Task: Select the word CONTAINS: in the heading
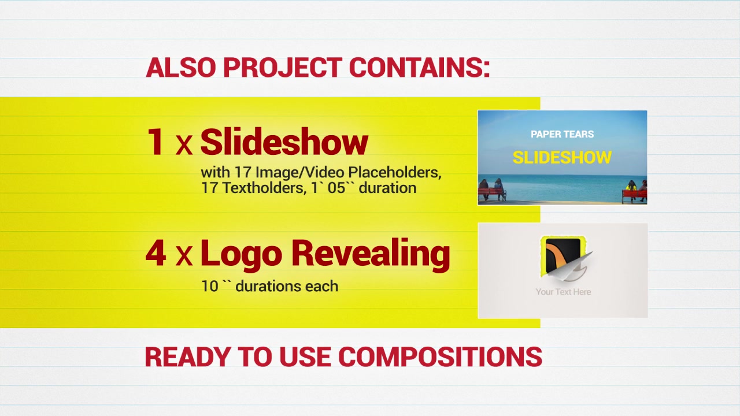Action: pyautogui.click(x=420, y=68)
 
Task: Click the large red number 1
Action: pyautogui.click(x=156, y=142)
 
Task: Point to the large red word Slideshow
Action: pyautogui.click(x=284, y=142)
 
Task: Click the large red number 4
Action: pyautogui.click(x=156, y=253)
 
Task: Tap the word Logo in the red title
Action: pyautogui.click(x=242, y=255)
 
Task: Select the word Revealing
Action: pyautogui.click(x=371, y=255)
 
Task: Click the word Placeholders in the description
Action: pyautogui.click(x=395, y=172)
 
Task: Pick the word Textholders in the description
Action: pyautogui.click(x=263, y=188)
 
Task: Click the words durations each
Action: pyautogui.click(x=287, y=286)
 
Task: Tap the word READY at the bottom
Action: pyautogui.click(x=188, y=357)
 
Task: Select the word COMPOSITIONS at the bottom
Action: pyautogui.click(x=441, y=357)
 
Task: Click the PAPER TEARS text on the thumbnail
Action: pyautogui.click(x=563, y=134)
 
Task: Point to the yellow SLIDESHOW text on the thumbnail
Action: pyautogui.click(x=562, y=157)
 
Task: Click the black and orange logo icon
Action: pyautogui.click(x=563, y=256)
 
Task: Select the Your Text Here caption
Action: pyautogui.click(x=563, y=292)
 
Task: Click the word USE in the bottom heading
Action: pyautogui.click(x=305, y=357)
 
